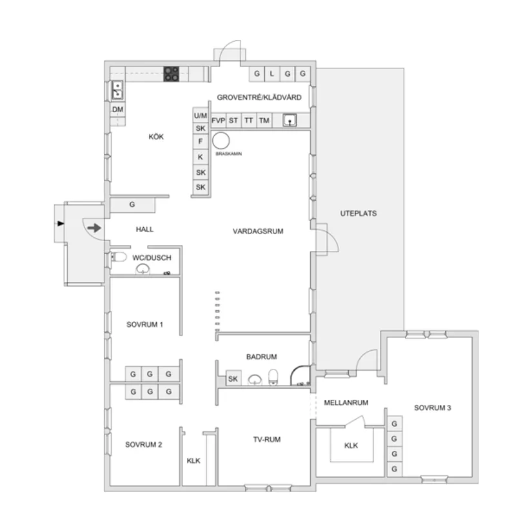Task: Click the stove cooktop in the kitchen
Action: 171,74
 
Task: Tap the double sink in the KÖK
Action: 118,90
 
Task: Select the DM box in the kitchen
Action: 118,110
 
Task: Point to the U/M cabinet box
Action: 201,115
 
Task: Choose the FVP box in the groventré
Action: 218,121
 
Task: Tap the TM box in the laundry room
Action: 264,121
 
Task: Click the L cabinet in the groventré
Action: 271,74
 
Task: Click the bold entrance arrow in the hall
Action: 94,228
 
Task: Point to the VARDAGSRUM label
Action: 259,230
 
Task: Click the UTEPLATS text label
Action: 359,213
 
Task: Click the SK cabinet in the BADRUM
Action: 233,379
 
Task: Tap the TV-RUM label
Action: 266,439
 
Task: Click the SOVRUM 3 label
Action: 432,408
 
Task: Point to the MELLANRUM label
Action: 346,402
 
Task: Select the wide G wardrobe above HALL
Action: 132,205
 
